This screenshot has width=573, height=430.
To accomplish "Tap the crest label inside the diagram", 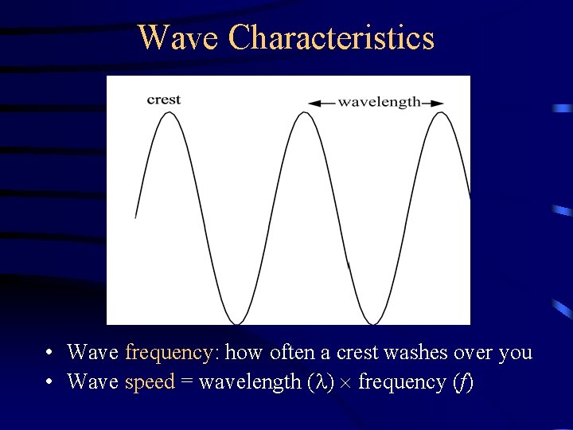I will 164,100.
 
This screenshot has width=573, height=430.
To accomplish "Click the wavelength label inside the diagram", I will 379,102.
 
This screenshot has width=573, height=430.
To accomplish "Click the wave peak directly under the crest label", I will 168,113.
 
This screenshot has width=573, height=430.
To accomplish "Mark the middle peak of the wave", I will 304,113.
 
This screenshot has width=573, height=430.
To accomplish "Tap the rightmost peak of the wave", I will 440,113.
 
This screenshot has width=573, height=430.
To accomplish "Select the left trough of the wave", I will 236,322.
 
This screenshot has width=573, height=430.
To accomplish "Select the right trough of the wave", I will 372,322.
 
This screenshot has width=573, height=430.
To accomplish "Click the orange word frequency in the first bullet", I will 168,352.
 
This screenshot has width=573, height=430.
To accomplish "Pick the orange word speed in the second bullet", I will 150,381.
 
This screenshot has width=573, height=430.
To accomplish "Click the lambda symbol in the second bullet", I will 319,382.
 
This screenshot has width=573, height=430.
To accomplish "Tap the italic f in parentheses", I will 462,382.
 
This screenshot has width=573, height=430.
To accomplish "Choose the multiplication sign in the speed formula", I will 345,383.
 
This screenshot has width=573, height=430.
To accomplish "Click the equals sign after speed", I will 186,382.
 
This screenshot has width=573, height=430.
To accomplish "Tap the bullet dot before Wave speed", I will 49,382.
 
